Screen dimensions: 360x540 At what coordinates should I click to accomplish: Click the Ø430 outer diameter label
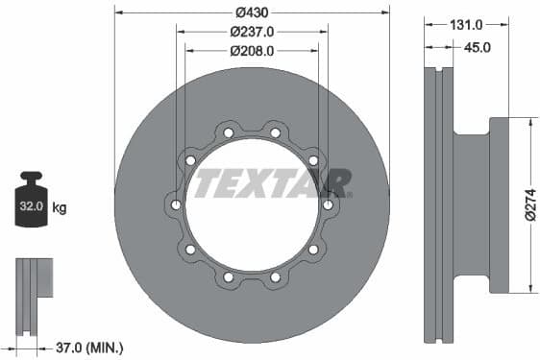point(252,12)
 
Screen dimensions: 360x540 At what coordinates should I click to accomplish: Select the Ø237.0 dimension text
point(252,31)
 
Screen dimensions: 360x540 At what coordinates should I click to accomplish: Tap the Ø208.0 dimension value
point(252,51)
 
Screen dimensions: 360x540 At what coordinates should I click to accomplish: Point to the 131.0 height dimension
point(466,25)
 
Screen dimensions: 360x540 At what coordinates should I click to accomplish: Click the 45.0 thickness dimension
point(478,45)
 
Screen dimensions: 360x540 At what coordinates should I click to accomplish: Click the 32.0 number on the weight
point(31,206)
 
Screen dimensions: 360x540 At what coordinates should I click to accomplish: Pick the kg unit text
point(60,207)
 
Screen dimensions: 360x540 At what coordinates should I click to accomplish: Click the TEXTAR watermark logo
point(272,181)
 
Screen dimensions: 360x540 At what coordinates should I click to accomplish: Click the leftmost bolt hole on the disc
point(176,204)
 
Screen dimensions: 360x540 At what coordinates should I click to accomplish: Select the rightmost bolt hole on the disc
point(328,204)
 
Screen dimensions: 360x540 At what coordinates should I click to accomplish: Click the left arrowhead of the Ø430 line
point(118,12)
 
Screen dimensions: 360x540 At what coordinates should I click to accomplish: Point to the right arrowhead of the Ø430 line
point(385,12)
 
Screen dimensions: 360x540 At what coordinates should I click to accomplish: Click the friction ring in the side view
point(438,205)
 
